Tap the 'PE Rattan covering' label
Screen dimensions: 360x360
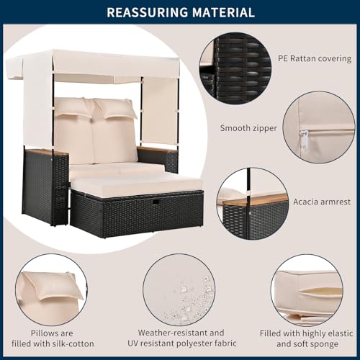(315, 58)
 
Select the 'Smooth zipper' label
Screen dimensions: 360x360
(248, 128)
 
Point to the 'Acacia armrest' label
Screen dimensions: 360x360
(322, 202)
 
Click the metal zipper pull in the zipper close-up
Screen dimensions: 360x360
(304, 140)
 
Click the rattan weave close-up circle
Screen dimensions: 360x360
(235, 68)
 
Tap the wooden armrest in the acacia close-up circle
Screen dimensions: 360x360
(256, 199)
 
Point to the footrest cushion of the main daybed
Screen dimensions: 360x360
(137, 184)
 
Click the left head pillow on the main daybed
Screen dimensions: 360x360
(72, 107)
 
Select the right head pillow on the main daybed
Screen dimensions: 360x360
(114, 109)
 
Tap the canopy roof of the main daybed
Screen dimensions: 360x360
(94, 64)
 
